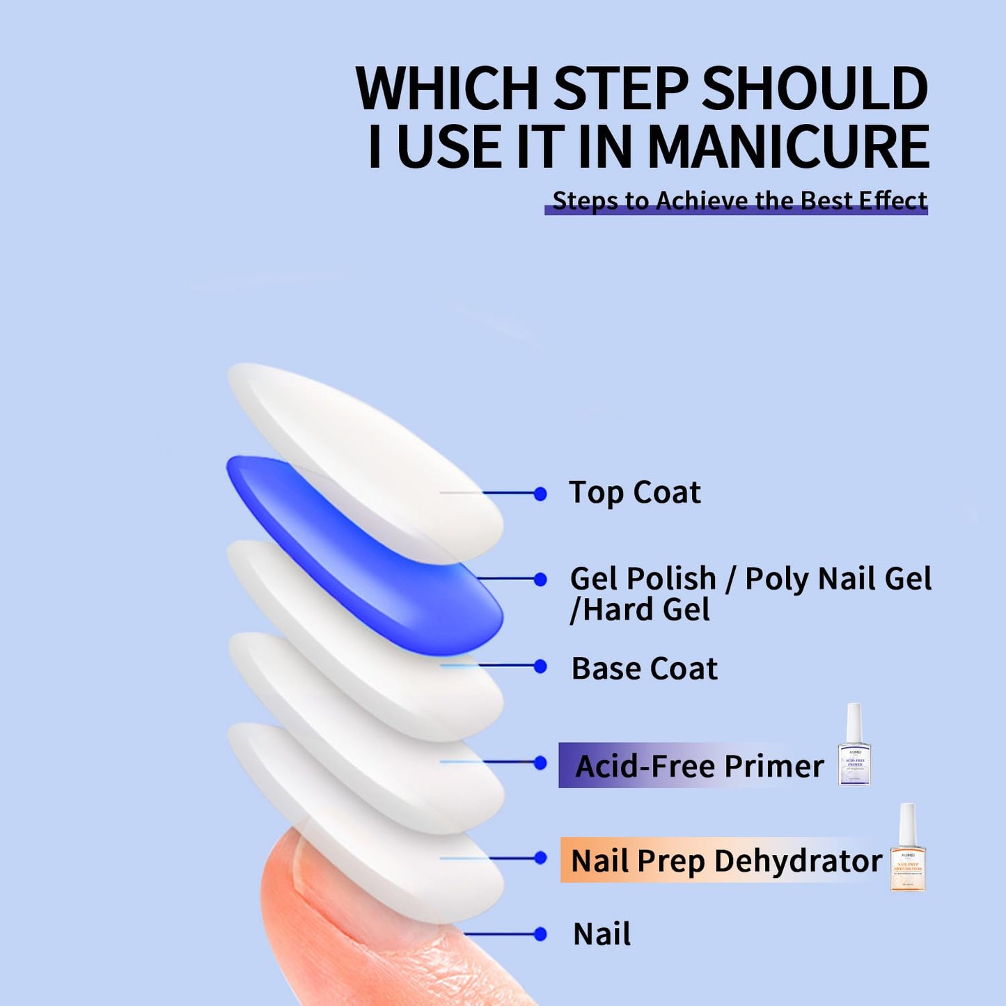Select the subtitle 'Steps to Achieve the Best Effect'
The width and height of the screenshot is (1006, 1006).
739,201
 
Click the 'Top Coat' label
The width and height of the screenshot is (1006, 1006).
634,492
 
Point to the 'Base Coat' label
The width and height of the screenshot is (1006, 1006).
644,668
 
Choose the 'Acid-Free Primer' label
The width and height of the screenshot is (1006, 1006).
699,766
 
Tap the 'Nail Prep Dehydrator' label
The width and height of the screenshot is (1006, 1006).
725,860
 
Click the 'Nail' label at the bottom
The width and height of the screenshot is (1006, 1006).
602,934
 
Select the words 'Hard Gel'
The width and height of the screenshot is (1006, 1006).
647,610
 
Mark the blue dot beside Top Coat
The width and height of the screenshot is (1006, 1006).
540,494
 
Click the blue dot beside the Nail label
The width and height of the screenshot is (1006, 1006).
540,934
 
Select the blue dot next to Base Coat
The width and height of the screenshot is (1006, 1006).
540,666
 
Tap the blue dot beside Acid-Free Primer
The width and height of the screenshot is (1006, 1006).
540,763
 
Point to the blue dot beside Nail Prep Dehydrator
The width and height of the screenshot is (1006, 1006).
540,858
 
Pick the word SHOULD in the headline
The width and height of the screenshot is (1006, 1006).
814,88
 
